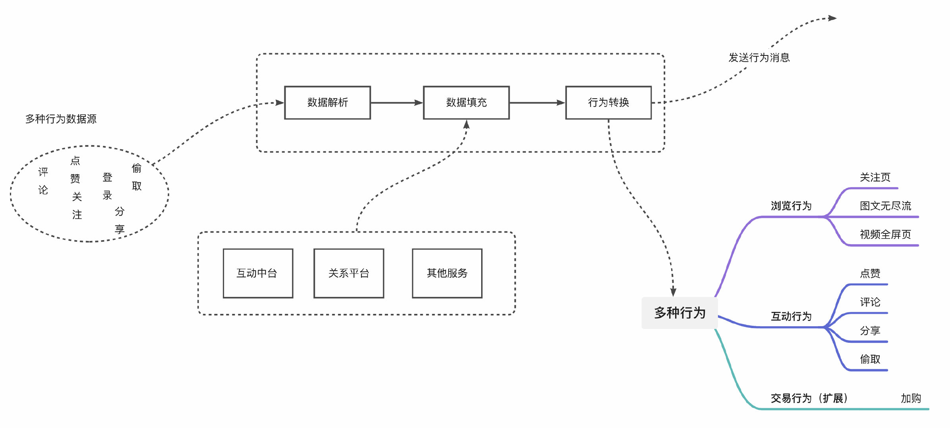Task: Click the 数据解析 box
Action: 327,103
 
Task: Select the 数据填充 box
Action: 466,103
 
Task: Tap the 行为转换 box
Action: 608,103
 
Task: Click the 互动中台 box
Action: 258,273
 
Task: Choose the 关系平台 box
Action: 349,273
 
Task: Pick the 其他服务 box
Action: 447,273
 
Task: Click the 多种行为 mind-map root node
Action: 679,313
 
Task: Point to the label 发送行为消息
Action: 759,58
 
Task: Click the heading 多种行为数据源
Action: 61,119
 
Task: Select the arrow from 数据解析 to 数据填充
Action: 397,103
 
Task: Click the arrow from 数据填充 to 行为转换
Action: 537,103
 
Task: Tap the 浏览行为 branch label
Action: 791,206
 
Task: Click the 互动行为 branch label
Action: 791,316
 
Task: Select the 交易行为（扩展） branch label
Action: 809,398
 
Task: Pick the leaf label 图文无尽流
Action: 885,206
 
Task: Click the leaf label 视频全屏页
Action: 885,234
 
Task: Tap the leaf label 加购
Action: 911,398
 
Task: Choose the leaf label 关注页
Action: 875,177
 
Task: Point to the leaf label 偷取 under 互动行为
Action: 870,359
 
